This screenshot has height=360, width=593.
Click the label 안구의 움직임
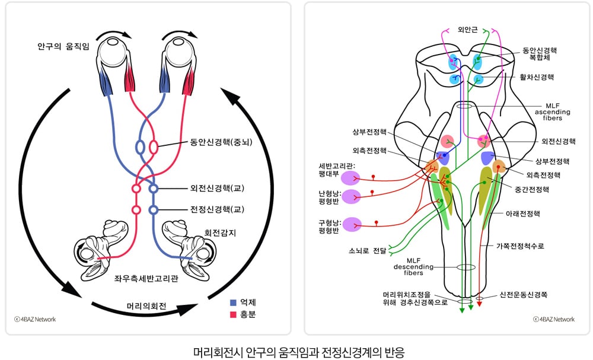tap(63, 46)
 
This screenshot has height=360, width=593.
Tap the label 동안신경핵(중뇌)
tap(221, 142)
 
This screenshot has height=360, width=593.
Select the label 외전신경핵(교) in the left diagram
tap(217, 188)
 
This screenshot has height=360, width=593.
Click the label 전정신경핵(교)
tap(217, 209)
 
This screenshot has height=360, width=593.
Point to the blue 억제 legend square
tap(233, 302)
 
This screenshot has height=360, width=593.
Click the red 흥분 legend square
tap(233, 314)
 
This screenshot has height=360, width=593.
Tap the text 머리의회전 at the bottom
tap(146, 306)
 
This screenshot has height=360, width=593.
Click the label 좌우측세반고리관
tap(146, 279)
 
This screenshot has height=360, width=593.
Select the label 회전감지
tap(220, 232)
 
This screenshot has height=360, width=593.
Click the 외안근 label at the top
tap(467, 30)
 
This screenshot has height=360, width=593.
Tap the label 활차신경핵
tap(537, 77)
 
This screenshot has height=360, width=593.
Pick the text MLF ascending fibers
tap(553, 112)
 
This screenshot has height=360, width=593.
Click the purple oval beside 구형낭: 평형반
tap(352, 224)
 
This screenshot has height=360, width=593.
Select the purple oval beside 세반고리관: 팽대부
tap(350, 178)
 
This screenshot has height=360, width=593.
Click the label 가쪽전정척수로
tap(520, 246)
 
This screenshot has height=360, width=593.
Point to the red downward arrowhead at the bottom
tap(479, 303)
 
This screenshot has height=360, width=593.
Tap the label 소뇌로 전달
tap(367, 250)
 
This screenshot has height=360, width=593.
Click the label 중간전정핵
tap(532, 189)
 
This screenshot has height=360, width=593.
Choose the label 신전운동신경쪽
tap(524, 295)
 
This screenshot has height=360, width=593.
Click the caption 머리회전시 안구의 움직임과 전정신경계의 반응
tap(299, 352)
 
